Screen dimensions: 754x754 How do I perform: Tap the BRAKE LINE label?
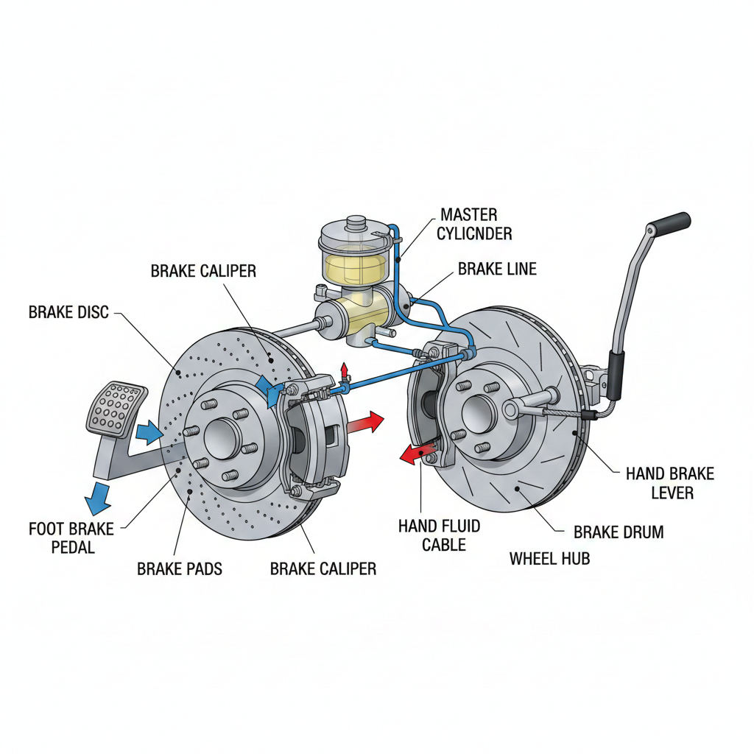[497, 269]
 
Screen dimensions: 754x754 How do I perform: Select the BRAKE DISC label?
[68, 312]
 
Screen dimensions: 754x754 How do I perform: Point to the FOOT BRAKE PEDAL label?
[71, 538]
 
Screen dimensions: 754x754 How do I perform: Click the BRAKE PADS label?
[180, 568]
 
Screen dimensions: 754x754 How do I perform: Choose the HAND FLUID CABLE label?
[439, 535]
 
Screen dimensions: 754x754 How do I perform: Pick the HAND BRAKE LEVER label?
[670, 482]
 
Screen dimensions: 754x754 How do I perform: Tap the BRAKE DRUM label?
[619, 532]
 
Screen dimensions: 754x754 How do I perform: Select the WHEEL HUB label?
[549, 559]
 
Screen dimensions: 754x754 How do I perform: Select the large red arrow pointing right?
[365, 423]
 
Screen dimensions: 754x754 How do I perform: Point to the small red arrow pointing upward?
[343, 370]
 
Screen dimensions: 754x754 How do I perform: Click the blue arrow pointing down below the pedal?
[98, 498]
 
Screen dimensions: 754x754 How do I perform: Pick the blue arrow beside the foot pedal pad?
[149, 432]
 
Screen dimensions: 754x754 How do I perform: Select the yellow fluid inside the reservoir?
[351, 268]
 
